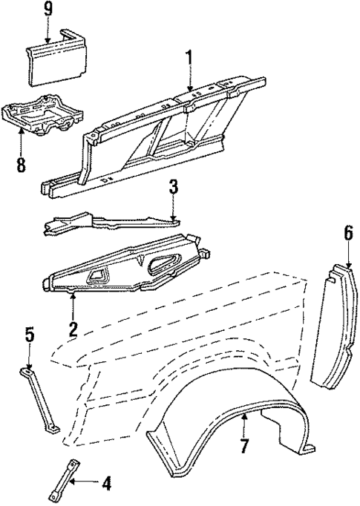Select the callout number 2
coord(73,327)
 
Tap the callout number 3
coord(172,187)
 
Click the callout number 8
coord(22,165)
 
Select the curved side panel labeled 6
coord(338,326)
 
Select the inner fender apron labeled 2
coord(126,267)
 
